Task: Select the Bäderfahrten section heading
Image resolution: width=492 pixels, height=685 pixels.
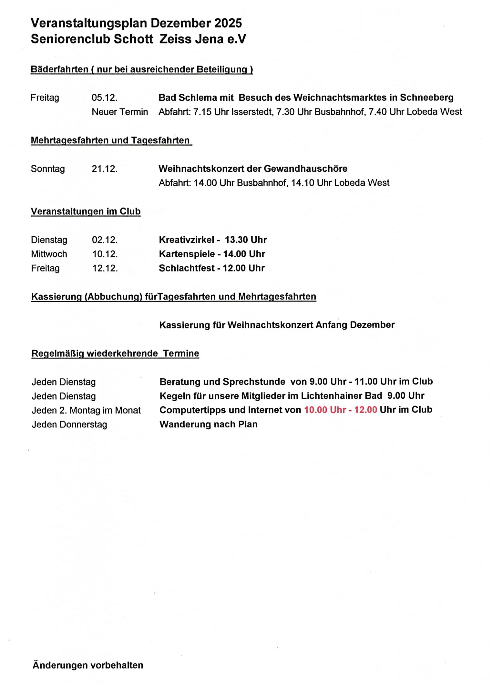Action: point(141,69)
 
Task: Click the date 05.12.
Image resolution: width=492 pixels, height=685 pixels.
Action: point(104,97)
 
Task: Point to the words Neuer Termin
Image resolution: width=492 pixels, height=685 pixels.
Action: point(120,112)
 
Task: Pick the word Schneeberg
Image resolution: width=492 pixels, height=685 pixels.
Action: point(426,97)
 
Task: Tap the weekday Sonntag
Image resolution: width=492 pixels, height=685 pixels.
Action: point(48,169)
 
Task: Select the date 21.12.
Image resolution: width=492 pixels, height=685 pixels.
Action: point(105,169)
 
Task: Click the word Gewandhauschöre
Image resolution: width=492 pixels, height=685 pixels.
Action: point(305,169)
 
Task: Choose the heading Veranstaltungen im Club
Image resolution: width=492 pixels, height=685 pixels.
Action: point(86,211)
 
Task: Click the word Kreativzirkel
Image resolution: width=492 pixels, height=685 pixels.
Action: point(186,240)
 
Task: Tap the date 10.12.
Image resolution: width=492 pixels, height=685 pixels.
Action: point(105,254)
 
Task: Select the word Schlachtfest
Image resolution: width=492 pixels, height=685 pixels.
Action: point(187,268)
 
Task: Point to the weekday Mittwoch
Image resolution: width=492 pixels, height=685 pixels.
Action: point(49,254)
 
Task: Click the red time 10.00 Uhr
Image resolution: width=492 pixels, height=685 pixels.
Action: point(325,410)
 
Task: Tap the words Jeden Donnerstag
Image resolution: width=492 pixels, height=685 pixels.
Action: point(69,424)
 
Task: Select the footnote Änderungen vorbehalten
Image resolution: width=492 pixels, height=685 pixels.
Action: point(88,665)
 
